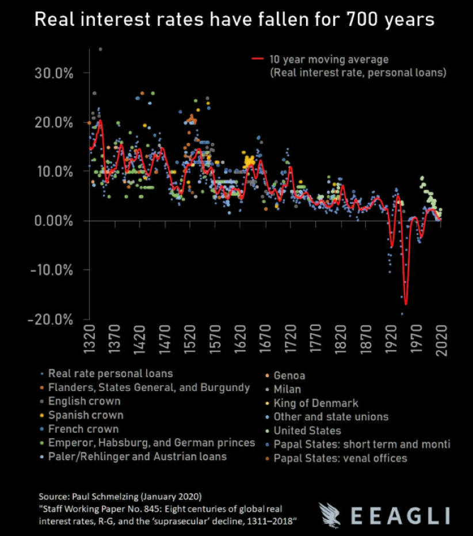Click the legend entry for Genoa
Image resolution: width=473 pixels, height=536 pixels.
point(289,375)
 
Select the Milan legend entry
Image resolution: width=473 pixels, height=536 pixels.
point(287,389)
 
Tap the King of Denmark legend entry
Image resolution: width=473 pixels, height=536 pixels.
point(316,403)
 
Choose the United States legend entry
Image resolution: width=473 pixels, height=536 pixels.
point(307,431)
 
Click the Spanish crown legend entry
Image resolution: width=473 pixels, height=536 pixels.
point(86,415)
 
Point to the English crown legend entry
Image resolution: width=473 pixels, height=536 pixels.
point(85,401)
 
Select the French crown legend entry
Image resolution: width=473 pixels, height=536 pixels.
point(83,429)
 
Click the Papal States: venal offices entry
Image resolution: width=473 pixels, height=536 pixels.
point(340,458)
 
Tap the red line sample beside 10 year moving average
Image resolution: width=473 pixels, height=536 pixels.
point(257,59)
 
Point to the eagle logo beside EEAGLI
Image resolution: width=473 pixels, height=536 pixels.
point(333,515)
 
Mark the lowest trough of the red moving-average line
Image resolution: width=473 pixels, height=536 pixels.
point(406,303)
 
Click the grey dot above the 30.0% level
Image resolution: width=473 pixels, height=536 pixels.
point(100,50)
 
